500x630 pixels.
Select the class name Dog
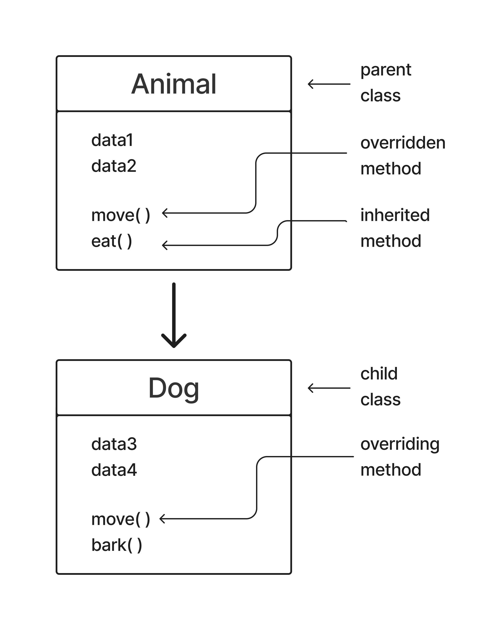[174, 388]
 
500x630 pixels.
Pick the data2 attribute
[114, 166]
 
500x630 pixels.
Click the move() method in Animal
[120, 215]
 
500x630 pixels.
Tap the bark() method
[117, 545]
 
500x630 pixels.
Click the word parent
[386, 70]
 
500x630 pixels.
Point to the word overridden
[403, 143]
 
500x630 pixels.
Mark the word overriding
[400, 444]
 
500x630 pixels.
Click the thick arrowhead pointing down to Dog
[174, 342]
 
